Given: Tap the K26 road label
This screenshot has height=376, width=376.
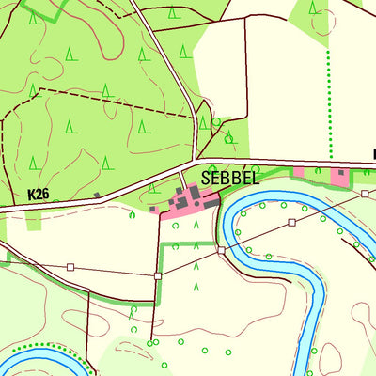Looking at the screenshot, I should click(x=38, y=195).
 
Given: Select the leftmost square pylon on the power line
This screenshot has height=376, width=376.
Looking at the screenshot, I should click(x=70, y=267).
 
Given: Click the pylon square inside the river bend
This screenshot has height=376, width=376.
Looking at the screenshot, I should click(x=292, y=223).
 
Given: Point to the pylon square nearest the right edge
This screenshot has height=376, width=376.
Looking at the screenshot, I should click(x=365, y=193).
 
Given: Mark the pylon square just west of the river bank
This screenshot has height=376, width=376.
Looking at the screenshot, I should click(x=221, y=250).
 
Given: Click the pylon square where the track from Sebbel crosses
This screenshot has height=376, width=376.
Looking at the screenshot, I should click(x=158, y=275).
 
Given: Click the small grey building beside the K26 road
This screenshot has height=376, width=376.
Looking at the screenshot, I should click(x=98, y=196).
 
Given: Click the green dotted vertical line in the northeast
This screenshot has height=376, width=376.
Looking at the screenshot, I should click(x=330, y=103).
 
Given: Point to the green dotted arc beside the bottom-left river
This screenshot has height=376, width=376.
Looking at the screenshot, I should click(x=56, y=348).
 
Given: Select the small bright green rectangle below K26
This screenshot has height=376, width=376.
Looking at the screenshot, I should click(x=35, y=221).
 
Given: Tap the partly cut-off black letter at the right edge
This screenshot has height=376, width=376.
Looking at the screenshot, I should click(x=373, y=153).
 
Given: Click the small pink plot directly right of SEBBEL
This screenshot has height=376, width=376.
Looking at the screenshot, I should click(x=299, y=172).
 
